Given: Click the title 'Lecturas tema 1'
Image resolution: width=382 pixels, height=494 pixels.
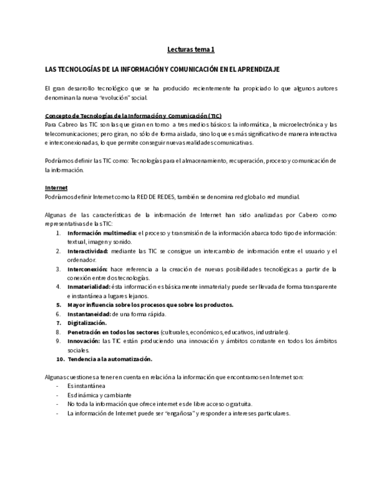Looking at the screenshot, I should click(191, 51).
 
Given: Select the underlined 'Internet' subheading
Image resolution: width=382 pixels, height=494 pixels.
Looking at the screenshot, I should click(56, 188).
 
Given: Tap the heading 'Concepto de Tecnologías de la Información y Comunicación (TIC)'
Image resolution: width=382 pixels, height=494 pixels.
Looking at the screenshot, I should click(133, 115).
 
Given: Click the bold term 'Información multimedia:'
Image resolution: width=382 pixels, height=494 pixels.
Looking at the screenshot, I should click(101, 233).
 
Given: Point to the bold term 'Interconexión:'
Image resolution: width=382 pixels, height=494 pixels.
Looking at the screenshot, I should click(87, 269).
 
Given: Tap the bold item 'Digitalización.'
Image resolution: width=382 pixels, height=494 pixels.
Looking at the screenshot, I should click(87, 323).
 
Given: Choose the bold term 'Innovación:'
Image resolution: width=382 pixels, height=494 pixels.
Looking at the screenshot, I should click(83, 341).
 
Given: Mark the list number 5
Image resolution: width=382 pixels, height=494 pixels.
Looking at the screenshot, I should click(58, 305).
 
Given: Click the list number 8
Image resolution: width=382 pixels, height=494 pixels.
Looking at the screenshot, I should click(58, 332).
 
